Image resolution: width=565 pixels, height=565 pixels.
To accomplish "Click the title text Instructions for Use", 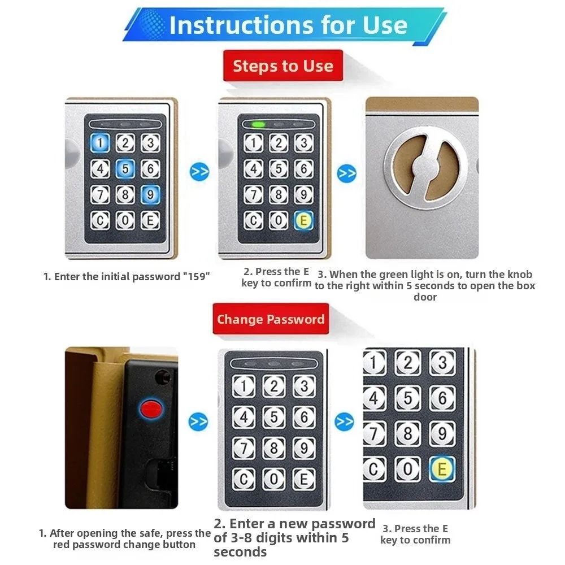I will [x=288, y=25].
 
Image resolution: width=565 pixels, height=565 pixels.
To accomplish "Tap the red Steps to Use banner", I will [x=282, y=66].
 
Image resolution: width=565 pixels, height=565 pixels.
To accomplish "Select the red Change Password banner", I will [x=271, y=319].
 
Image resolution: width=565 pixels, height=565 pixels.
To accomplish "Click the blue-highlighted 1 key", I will [x=101, y=143].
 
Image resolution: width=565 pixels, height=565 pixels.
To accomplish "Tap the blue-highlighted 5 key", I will [x=125, y=168].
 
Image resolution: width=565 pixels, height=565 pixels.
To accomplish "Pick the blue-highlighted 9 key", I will [x=150, y=194].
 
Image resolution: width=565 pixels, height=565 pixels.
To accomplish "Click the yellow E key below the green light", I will [x=304, y=220].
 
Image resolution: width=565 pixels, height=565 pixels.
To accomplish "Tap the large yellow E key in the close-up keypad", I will [x=442, y=469].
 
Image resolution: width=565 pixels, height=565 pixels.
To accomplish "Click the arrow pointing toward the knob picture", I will [x=347, y=172].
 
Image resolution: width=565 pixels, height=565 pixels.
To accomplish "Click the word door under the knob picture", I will [x=425, y=297].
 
